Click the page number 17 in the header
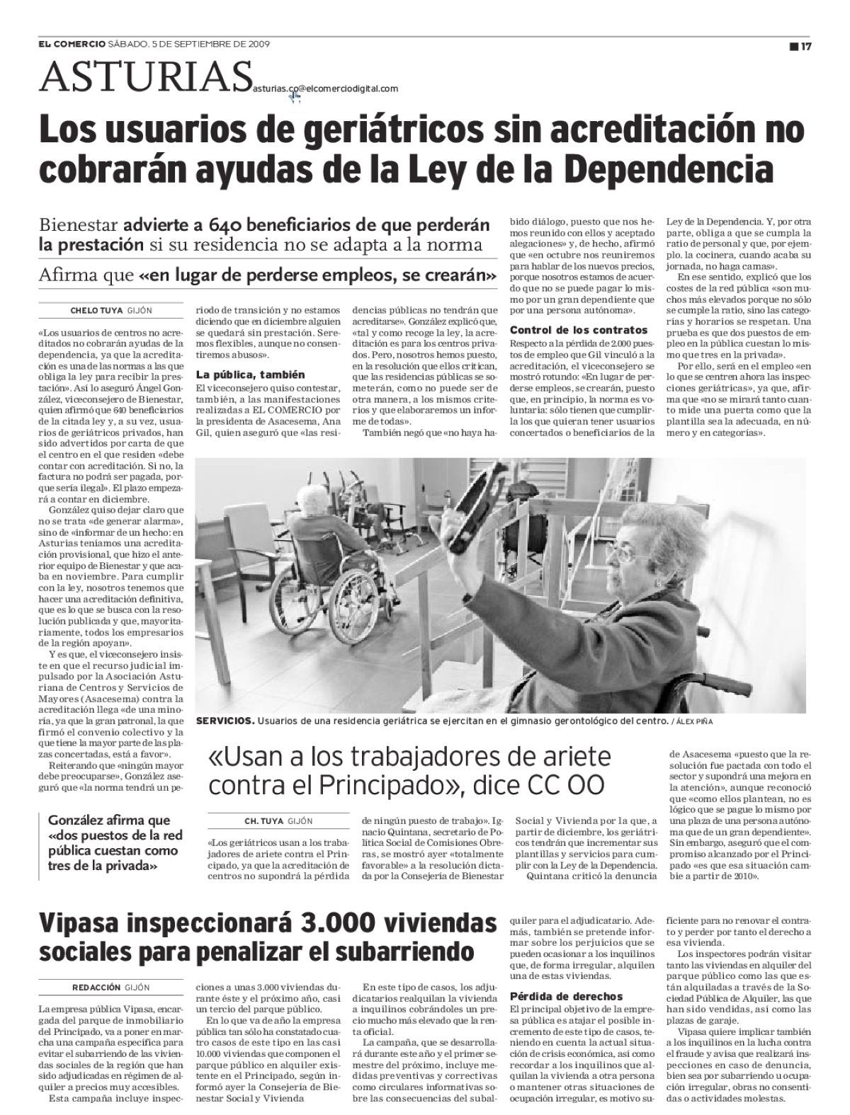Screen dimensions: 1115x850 point(805,47)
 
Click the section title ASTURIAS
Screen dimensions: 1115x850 point(145,76)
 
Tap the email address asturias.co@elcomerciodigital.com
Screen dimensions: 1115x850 point(324,88)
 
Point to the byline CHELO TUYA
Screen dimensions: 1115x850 point(97,310)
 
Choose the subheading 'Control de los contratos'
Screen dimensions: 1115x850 point(579,330)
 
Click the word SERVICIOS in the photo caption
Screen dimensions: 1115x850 point(225,721)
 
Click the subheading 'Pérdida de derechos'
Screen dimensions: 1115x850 point(567,996)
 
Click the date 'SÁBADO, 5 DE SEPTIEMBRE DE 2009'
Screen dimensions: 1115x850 point(189,43)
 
